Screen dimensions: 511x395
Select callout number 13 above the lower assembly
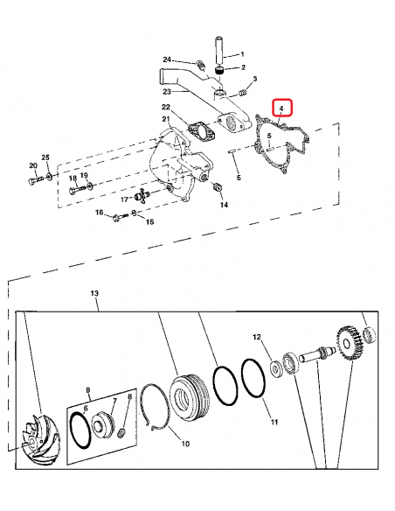tap(95, 292)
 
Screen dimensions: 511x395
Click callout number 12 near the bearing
tap(256, 336)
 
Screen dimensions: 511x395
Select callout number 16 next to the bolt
tap(100, 213)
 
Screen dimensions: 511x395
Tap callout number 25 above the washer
tap(45, 157)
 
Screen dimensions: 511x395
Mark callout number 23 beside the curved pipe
tap(164, 90)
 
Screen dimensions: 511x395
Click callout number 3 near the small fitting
tap(254, 80)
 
